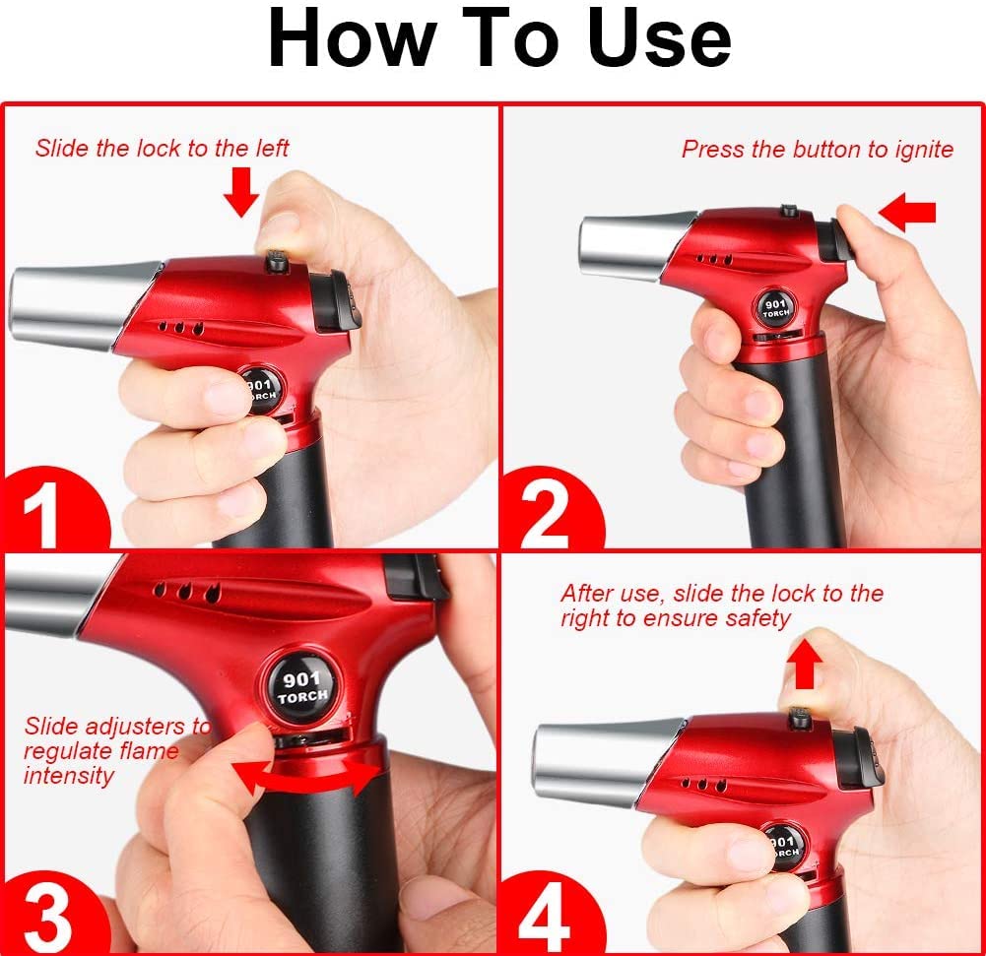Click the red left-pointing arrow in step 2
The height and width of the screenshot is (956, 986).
pyautogui.click(x=906, y=211)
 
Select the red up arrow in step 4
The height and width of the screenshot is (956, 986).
pyautogui.click(x=805, y=665)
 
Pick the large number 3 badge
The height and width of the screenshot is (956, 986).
pyautogui.click(x=44, y=916)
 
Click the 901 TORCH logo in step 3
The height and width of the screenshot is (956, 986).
pyautogui.click(x=302, y=686)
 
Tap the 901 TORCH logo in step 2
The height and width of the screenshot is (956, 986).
pyautogui.click(x=775, y=308)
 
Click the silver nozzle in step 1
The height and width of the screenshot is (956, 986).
pyautogui.click(x=84, y=305)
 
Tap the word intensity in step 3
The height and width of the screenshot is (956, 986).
pyautogui.click(x=69, y=776)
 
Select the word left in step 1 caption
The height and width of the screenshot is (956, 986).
pyautogui.click(x=271, y=149)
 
